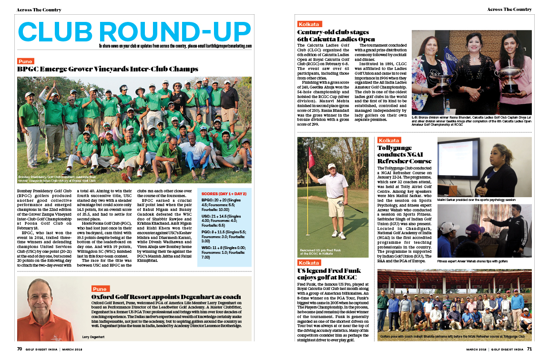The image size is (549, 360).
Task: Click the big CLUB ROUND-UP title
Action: point(135,31)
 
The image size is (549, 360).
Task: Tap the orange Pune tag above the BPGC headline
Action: point(25,61)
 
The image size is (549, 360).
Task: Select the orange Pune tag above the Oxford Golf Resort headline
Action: point(100,289)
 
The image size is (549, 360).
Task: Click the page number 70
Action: point(20,349)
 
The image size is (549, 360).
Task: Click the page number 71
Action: point(529,349)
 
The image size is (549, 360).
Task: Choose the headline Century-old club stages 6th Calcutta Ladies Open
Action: point(336,36)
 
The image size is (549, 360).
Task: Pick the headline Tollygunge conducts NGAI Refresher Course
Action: point(404,154)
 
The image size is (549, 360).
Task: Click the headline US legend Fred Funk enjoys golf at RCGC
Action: point(333,274)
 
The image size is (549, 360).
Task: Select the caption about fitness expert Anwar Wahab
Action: point(472,261)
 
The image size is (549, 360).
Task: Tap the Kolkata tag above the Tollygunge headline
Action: point(389,140)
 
